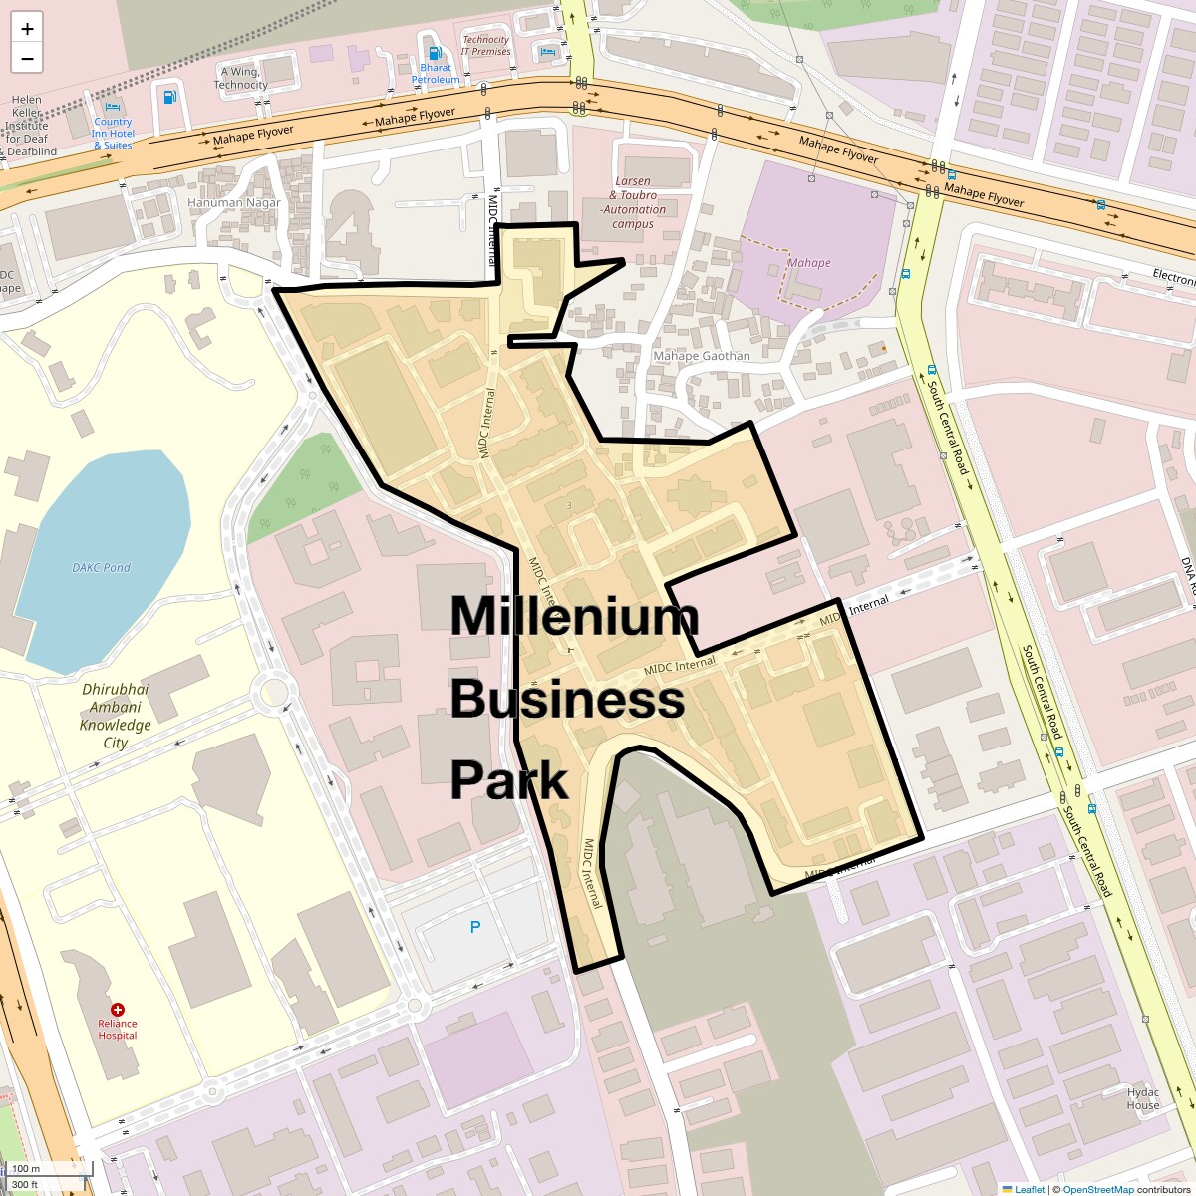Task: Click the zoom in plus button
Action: click(x=27, y=29)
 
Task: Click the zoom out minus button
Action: click(x=27, y=59)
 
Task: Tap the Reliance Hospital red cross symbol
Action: click(x=118, y=1010)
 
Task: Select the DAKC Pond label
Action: click(x=101, y=568)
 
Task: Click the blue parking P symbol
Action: click(x=475, y=927)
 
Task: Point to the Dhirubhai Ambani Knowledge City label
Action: click(x=116, y=716)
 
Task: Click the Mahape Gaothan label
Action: click(x=702, y=356)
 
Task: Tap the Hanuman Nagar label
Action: click(x=234, y=202)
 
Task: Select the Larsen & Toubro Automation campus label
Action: click(x=633, y=203)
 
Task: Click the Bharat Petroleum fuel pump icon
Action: click(x=434, y=53)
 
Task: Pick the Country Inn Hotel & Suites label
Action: click(x=113, y=134)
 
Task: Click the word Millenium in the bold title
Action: click(x=574, y=616)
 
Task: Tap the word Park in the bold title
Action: click(x=508, y=780)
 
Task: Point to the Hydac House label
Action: click(x=1143, y=1098)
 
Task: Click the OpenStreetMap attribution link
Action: click(x=1097, y=1189)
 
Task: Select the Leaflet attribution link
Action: click(x=1029, y=1189)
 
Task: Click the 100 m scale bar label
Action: click(x=27, y=1168)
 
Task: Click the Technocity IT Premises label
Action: click(x=485, y=46)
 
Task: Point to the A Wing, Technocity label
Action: click(x=240, y=78)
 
